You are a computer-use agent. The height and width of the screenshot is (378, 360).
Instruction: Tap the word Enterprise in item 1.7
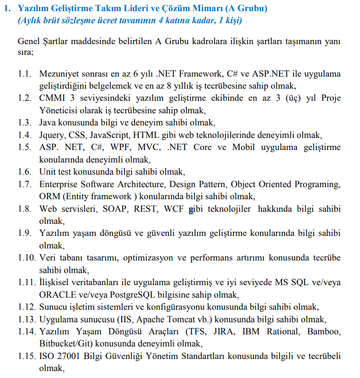pyautogui.click(x=59, y=184)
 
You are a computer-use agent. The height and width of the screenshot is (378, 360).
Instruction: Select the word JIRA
pyautogui.click(x=223, y=332)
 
